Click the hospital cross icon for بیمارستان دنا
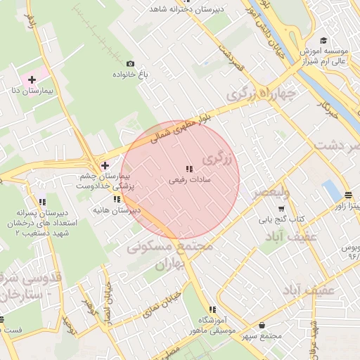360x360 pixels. [32, 80]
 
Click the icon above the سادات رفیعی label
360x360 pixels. [188, 169]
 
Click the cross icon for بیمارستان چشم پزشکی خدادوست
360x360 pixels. [105, 165]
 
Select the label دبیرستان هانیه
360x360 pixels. [117, 210]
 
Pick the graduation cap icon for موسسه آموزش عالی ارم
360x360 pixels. [323, 41]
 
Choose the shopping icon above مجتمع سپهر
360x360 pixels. [262, 326]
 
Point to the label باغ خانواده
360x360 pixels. [122, 74]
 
